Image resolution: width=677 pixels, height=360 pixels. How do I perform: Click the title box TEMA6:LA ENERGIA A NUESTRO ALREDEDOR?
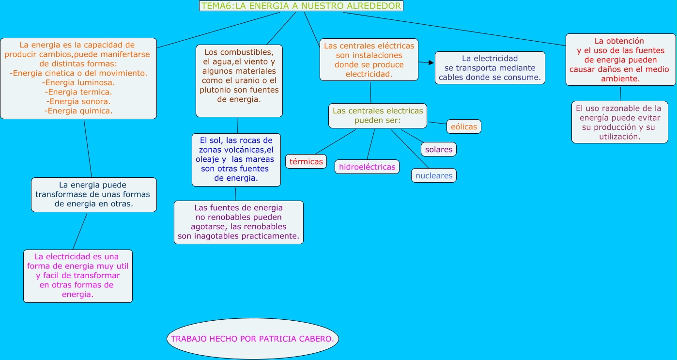coord(301,6)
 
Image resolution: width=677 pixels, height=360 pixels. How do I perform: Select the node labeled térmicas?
coord(306,161)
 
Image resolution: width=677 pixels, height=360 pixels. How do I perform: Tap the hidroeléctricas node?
coord(367,167)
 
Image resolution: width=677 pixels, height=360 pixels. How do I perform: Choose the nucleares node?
coord(434,175)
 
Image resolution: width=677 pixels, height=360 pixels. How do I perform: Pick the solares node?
coord(439,149)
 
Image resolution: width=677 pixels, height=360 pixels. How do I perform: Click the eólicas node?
coord(464,126)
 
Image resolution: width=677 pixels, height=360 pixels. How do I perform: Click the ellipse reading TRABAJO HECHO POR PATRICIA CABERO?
coord(252,339)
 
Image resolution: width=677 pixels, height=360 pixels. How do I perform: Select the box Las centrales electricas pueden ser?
coord(378,115)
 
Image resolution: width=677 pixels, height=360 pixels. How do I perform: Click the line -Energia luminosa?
coord(78,82)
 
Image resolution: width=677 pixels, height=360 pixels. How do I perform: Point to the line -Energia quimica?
coord(78,110)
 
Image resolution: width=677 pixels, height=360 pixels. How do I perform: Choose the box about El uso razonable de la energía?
coord(619,122)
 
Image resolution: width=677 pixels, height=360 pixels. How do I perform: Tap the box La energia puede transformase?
coord(93,194)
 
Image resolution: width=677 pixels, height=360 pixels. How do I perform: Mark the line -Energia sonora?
coord(78,101)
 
